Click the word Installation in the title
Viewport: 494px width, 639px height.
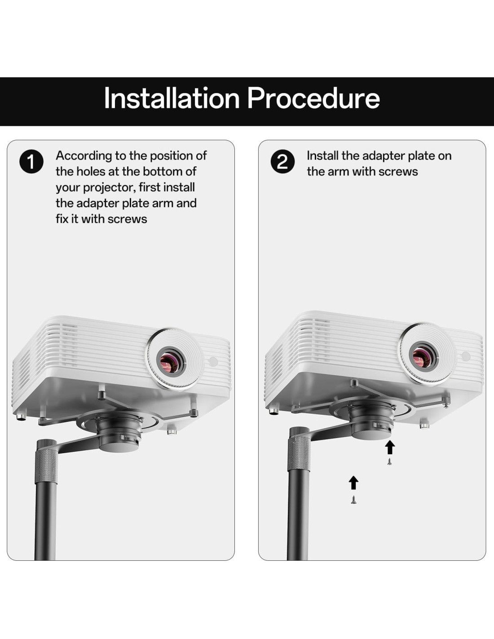pyautogui.click(x=172, y=98)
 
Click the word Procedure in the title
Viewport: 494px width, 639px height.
pyautogui.click(x=313, y=98)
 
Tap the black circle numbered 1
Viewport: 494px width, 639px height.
pyautogui.click(x=31, y=161)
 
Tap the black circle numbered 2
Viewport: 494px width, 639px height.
pyautogui.click(x=282, y=161)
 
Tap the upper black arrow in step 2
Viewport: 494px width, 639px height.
pyautogui.click(x=390, y=448)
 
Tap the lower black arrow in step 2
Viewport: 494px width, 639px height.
pyautogui.click(x=353, y=483)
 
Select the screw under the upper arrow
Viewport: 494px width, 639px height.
pyautogui.click(x=390, y=461)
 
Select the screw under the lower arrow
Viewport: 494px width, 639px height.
pyautogui.click(x=354, y=500)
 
